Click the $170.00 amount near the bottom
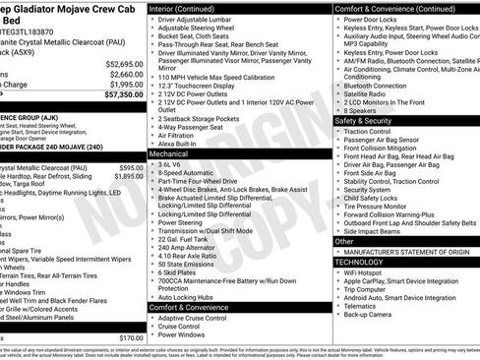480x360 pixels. pyautogui.click(x=130, y=337)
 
